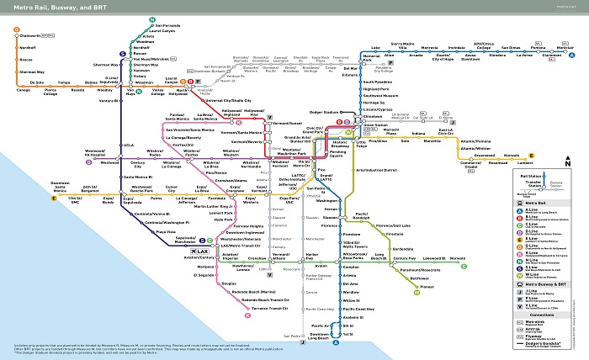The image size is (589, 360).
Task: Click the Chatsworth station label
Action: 32,35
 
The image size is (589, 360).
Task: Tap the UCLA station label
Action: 128,144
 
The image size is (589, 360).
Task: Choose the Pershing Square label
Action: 337,156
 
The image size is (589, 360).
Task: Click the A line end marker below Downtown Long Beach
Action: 336,343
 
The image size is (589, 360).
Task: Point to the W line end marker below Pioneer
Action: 416,294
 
